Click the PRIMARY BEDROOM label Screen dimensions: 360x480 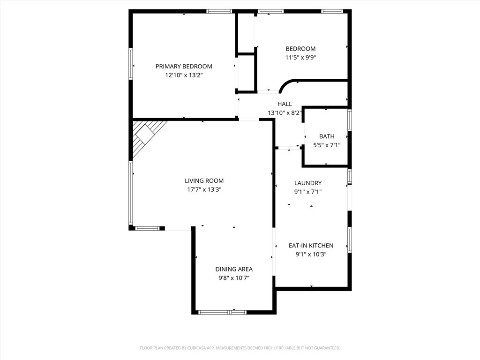point(184,67)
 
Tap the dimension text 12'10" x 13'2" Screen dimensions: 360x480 point(184,75)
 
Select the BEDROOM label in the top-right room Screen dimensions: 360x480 point(300,49)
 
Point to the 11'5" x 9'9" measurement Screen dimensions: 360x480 point(300,58)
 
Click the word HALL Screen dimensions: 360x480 point(285,104)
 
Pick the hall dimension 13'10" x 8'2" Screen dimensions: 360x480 point(285,113)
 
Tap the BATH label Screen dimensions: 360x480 point(327,136)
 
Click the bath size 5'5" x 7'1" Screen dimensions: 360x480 point(327,145)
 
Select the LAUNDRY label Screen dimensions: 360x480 point(308,183)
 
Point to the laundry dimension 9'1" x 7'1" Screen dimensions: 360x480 point(308,192)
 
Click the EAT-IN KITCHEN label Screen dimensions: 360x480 point(311,246)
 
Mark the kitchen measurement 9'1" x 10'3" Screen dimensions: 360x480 point(311,255)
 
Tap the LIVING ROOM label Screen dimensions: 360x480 point(204,181)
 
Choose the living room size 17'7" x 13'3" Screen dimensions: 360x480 point(204,190)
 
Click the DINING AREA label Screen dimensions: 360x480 point(234,269)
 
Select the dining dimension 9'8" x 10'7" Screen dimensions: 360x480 point(234,278)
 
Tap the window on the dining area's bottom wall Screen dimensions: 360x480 point(222,312)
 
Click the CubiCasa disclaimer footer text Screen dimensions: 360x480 point(240,348)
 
